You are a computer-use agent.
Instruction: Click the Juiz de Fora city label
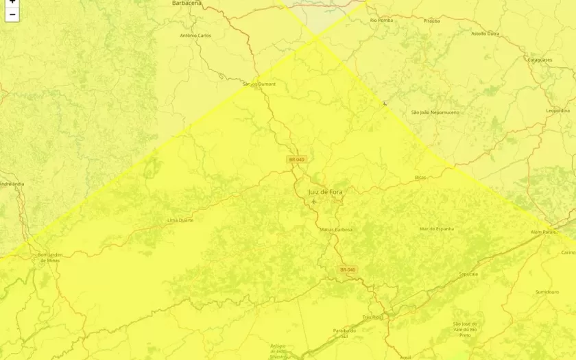coord(325,192)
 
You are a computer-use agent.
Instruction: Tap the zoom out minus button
coord(12,14)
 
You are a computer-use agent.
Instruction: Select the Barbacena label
coord(187,3)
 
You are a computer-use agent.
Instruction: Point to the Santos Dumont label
coord(259,84)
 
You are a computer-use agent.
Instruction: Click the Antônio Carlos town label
coord(195,36)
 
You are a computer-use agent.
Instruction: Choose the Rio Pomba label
coord(382,21)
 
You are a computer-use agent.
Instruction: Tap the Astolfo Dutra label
coord(485,34)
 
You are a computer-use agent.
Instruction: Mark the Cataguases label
coord(540,60)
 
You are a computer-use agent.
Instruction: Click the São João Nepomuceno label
coord(435,112)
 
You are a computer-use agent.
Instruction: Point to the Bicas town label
coord(420,177)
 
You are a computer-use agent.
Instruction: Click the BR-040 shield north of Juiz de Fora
coord(296,160)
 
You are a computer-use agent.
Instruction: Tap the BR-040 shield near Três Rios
coord(348,270)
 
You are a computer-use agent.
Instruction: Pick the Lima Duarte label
coord(180,221)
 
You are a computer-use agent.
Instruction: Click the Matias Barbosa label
coord(336,230)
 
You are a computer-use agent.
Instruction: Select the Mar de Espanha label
coord(437,229)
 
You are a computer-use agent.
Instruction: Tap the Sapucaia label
coord(468,274)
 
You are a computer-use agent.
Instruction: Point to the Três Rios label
coord(372,317)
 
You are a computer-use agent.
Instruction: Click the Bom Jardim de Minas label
coord(49,258)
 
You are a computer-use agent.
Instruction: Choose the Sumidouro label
coord(547,292)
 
